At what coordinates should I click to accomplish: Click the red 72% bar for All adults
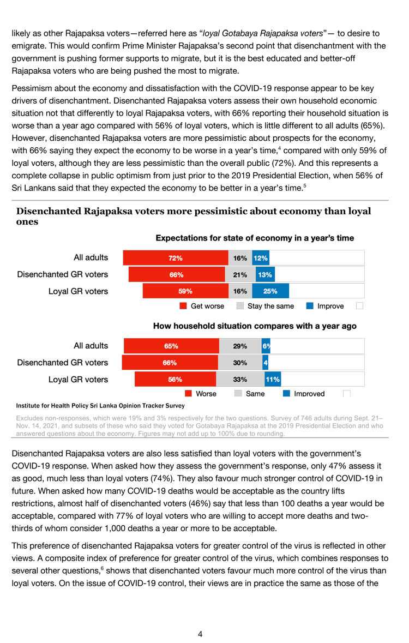point(176,258)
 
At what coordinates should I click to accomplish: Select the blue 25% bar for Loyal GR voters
point(270,291)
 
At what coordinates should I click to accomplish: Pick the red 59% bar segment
point(185,291)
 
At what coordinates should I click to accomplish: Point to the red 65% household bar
point(171,346)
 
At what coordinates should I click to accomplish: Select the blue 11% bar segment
point(272,379)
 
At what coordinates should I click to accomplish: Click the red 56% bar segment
point(175,379)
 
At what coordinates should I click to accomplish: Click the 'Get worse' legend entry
point(202,306)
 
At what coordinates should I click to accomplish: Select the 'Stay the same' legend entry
point(265,306)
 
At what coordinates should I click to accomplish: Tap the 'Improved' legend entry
point(304,393)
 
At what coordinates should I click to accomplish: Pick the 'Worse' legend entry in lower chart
point(200,393)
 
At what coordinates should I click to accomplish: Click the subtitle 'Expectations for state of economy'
point(255,238)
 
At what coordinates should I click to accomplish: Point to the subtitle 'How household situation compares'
point(255,326)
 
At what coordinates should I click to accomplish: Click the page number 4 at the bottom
point(200,634)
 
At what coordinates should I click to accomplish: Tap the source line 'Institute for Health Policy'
point(100,406)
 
